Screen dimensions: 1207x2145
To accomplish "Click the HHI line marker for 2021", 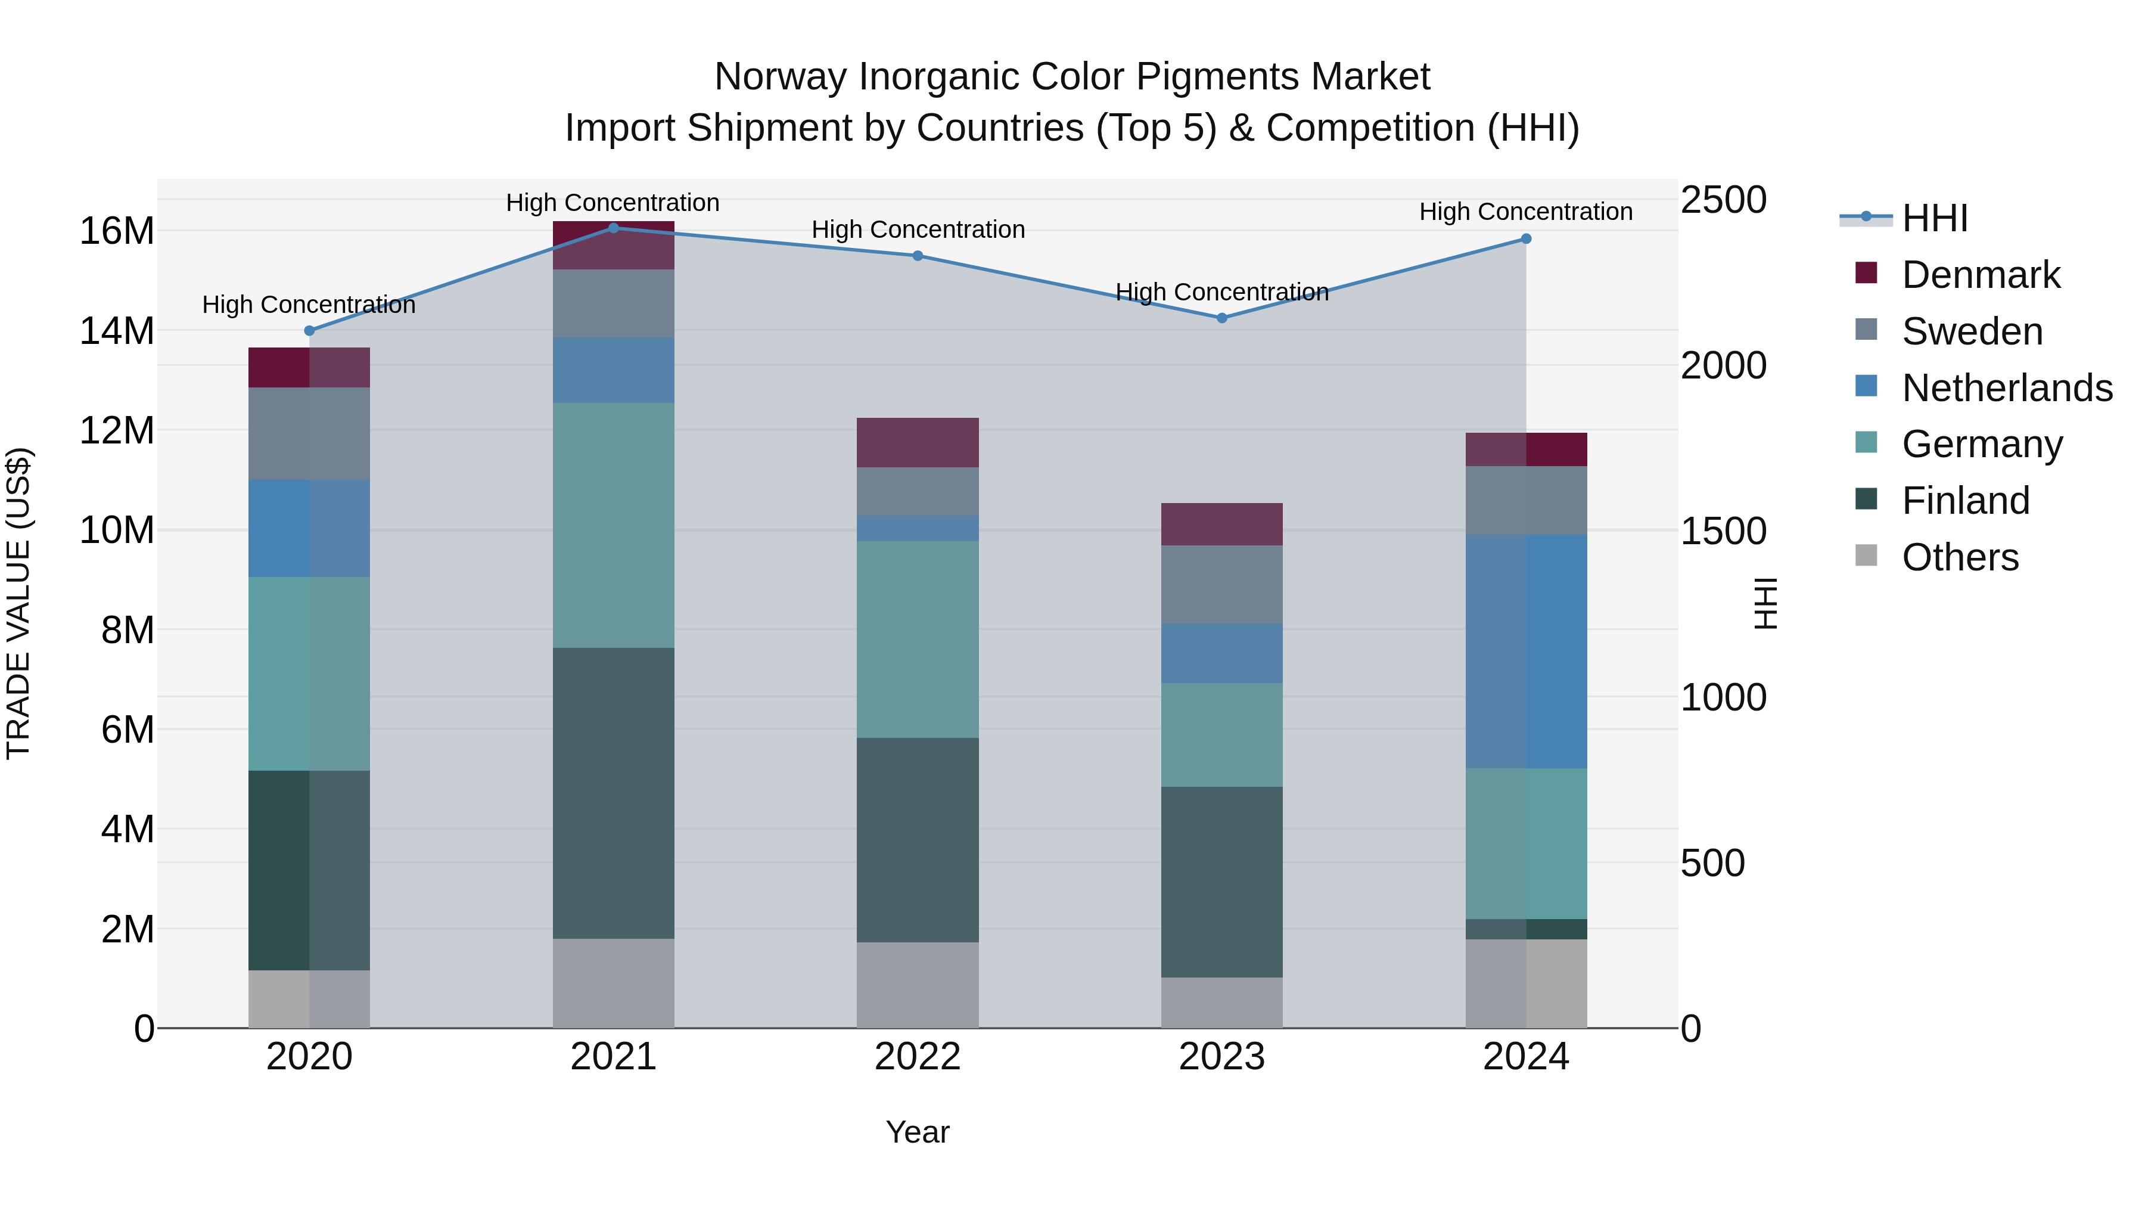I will [614, 228].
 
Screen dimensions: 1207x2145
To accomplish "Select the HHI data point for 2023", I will [1221, 317].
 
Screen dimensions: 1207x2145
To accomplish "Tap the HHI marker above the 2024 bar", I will [1525, 238].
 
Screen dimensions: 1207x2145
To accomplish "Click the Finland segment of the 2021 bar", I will [614, 792].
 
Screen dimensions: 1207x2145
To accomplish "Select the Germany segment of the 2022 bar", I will [918, 639].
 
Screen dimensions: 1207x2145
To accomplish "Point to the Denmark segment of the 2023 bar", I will [1221, 524].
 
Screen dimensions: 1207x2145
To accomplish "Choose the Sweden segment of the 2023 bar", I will [1221, 584].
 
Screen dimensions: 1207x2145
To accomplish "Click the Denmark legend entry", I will [1980, 275].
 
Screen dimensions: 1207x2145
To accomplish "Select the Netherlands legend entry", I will [2007, 388].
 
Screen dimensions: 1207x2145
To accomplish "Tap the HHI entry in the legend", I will [1934, 218].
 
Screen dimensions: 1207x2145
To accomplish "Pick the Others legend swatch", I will [1866, 556].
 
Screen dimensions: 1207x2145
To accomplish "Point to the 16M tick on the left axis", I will [117, 231].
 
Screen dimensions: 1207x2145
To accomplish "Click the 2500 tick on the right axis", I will [1723, 200].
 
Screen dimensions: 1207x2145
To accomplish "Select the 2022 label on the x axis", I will [918, 1057].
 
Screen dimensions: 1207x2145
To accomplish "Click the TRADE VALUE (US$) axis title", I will [18, 603].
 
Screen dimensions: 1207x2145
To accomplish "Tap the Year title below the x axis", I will [918, 1132].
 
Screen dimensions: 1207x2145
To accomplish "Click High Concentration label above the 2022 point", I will [918, 229].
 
